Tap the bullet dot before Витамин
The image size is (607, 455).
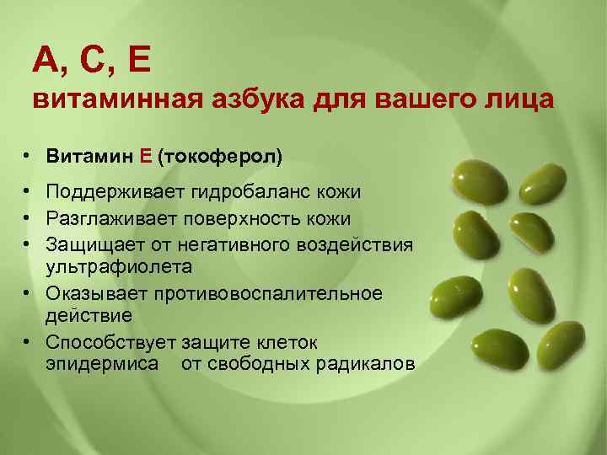(28, 158)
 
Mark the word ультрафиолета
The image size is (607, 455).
(119, 266)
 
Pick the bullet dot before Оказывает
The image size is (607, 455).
(28, 294)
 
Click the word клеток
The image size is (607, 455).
(287, 342)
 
